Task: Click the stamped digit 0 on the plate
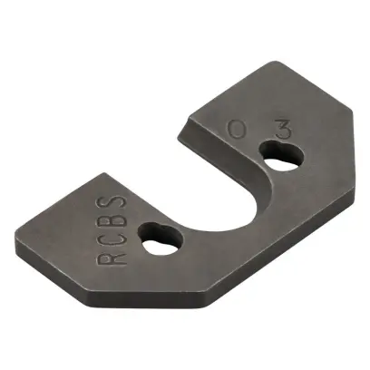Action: tap(237, 131)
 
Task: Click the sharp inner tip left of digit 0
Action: tap(181, 124)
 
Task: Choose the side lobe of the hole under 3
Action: tap(287, 154)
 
